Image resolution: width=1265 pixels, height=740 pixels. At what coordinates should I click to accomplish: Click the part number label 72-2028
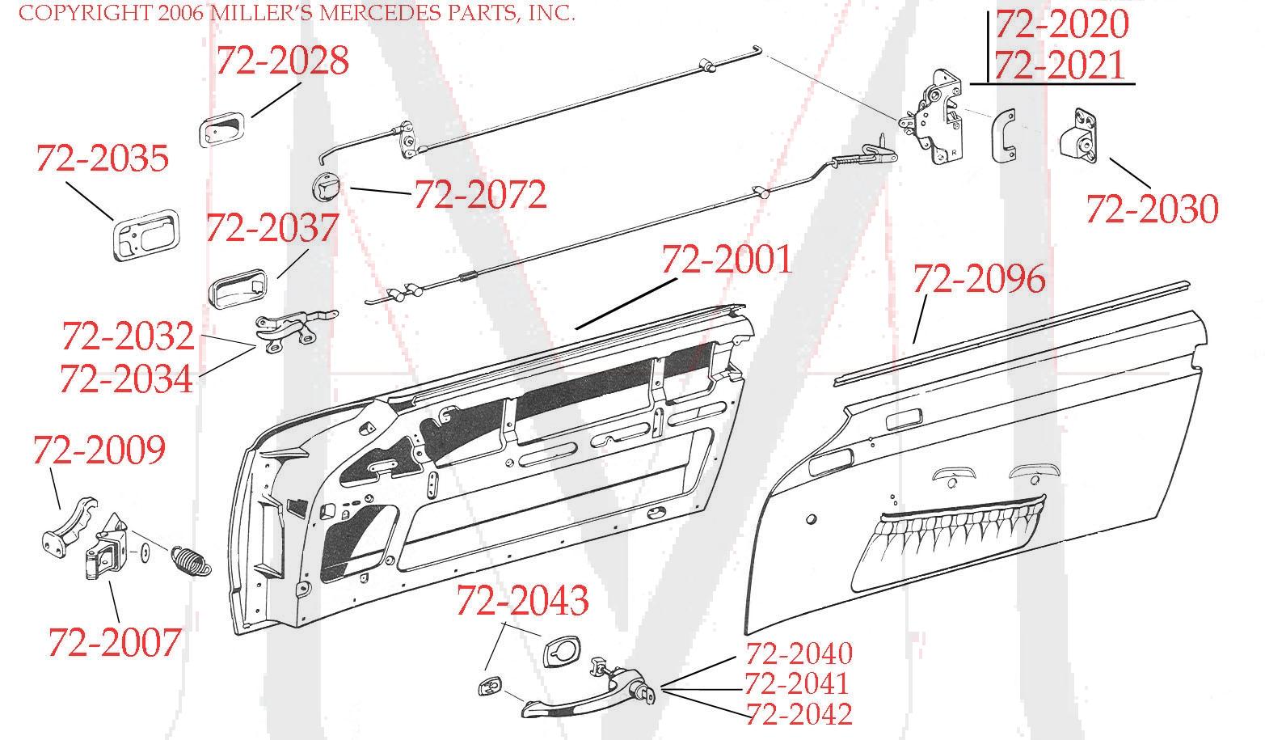coord(282,61)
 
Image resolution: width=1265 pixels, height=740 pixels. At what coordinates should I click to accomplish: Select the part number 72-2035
coord(102,159)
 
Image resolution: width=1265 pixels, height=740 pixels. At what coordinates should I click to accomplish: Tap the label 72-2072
coord(480,194)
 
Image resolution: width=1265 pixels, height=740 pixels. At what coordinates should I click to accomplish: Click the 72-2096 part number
coord(979,280)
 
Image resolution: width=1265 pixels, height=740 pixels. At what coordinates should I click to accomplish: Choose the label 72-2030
coord(1151,209)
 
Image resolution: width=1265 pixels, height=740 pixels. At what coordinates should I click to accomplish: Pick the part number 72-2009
coord(99,450)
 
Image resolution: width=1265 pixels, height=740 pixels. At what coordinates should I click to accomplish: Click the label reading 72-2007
coord(114,642)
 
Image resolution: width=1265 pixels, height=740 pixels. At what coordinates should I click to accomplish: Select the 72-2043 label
coord(522,600)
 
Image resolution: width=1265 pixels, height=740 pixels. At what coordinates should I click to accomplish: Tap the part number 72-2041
coord(796,684)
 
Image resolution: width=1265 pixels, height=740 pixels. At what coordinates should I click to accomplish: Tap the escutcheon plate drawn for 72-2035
coord(142,234)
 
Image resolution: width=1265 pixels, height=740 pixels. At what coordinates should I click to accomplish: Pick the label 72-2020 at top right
coord(1060,24)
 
